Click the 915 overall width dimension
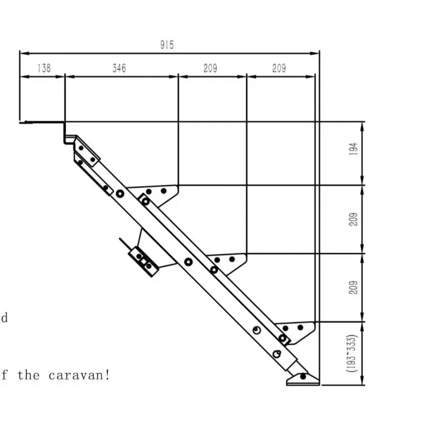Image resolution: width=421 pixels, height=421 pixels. [x=167, y=45]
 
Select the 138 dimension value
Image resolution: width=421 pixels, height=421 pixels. [x=44, y=68]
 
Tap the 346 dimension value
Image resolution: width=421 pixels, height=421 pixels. [x=119, y=68]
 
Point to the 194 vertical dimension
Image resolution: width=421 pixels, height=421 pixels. [x=353, y=149]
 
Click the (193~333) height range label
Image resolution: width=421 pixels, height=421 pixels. [x=352, y=353]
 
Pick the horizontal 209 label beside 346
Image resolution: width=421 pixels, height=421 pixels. [x=210, y=68]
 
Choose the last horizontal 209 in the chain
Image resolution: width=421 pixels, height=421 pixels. [x=279, y=68]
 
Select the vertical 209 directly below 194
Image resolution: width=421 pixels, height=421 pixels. [x=353, y=219]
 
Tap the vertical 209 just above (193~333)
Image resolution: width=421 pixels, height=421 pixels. [x=353, y=287]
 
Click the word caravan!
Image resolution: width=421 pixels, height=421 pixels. [x=79, y=375]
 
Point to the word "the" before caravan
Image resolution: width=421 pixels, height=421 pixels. [x=28, y=375]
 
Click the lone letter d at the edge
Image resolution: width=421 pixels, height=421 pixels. [x=4, y=318]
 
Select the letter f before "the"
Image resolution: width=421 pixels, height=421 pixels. [x=4, y=375]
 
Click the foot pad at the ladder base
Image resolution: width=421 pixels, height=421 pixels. [x=303, y=379]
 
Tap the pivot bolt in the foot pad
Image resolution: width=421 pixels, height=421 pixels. [x=303, y=377]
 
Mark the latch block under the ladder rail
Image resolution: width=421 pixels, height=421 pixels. [x=144, y=261]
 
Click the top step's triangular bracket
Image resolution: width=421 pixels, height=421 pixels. [x=156, y=194]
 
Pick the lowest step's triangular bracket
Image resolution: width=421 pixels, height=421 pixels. [x=297, y=332]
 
